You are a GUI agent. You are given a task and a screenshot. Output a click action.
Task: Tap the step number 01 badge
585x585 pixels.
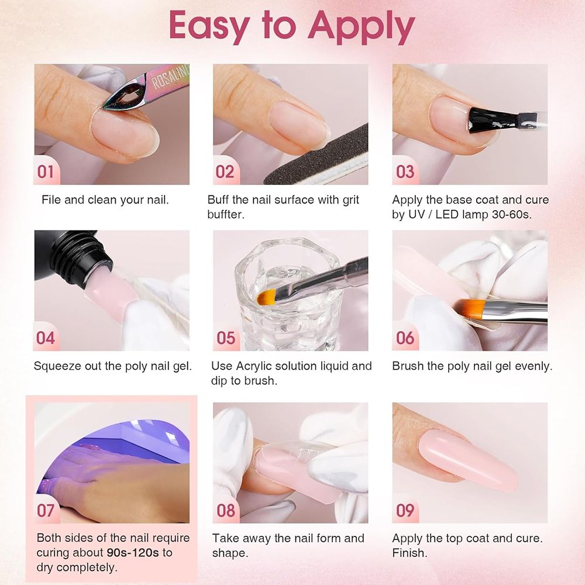tap(46, 171)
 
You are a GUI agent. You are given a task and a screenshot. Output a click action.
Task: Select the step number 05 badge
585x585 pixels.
tap(226, 338)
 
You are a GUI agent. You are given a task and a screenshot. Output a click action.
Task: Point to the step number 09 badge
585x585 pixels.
tap(405, 510)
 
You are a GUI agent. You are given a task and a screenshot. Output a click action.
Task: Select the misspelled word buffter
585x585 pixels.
tap(225, 215)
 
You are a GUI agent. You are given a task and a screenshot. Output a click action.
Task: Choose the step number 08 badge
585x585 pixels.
tap(226, 510)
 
